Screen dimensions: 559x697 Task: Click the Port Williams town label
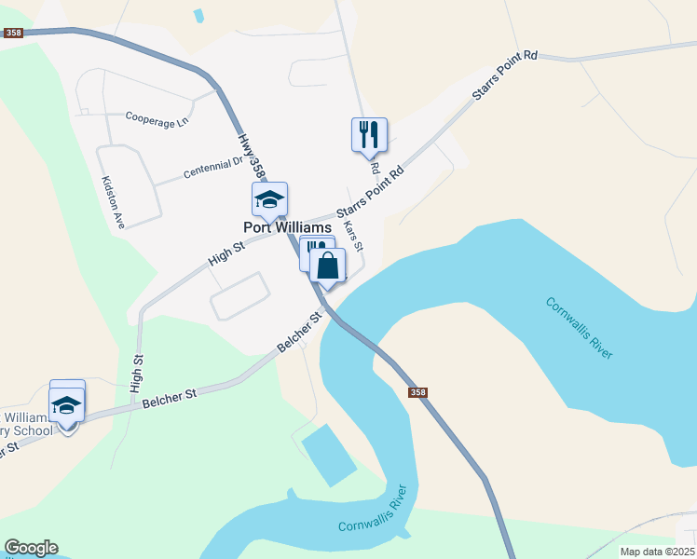point(287,227)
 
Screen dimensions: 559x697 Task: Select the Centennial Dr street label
point(212,168)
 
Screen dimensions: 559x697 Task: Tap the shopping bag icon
point(328,266)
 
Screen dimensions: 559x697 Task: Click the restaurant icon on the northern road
point(369,135)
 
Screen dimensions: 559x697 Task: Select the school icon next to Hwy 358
point(269,199)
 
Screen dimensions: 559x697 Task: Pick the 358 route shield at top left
point(13,33)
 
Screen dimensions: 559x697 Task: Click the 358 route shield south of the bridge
point(417,392)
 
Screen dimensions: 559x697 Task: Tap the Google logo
point(31,548)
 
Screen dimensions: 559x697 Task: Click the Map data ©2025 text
point(657,552)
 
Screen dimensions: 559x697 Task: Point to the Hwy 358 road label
point(248,155)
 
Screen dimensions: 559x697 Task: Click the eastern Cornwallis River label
point(580,328)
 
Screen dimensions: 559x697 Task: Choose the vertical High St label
point(138,372)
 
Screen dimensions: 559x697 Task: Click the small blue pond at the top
point(198,16)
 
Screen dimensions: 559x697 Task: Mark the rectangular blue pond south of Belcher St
point(328,454)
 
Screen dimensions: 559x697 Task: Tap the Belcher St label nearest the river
point(299,332)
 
